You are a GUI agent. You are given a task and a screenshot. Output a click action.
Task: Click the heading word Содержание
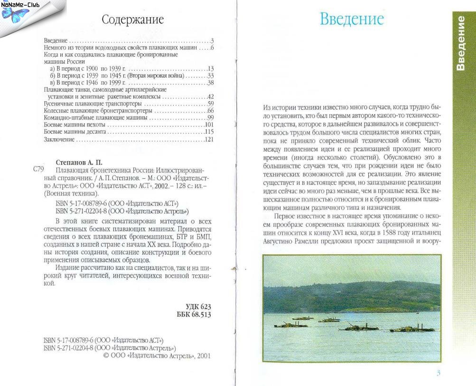(133, 20)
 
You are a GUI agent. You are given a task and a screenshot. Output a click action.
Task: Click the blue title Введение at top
(351, 19)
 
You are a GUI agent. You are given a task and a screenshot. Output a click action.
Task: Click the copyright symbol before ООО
(106, 356)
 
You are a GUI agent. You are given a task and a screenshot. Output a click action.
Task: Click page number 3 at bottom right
(438, 372)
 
